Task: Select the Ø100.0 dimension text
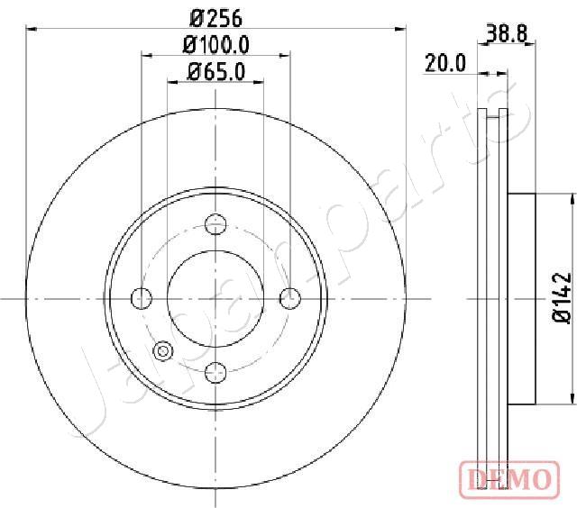(216, 44)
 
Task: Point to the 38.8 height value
(506, 35)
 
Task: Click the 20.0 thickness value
(445, 63)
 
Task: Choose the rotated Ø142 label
(561, 298)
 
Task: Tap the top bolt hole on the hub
(215, 224)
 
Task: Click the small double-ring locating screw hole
(163, 352)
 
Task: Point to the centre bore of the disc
(215, 297)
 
